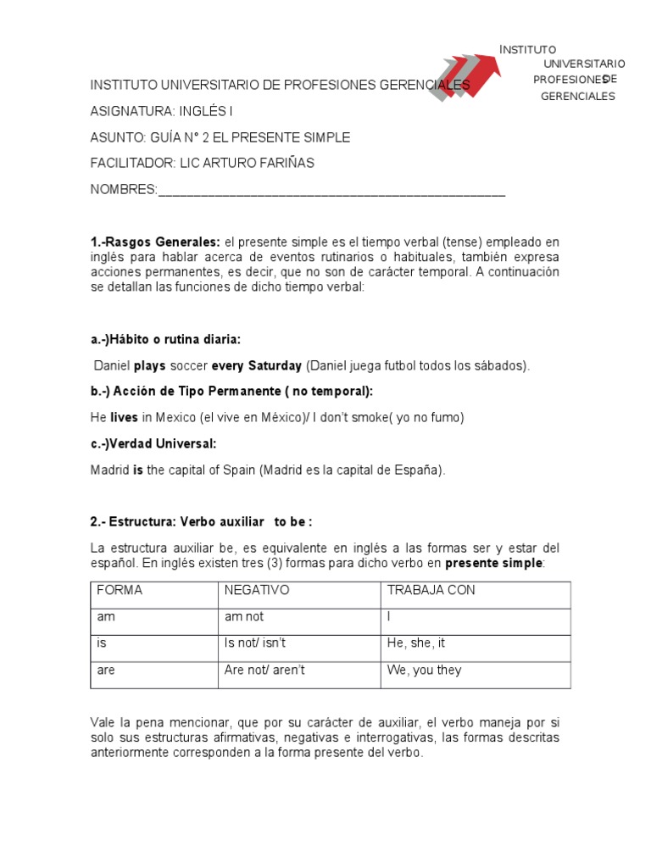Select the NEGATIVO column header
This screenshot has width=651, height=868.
coord(257,590)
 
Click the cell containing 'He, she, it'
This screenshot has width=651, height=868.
coord(415,643)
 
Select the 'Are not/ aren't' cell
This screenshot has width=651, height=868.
coord(264,670)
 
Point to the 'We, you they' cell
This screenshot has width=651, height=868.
coord(424,670)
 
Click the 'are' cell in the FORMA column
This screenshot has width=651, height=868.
coord(106,670)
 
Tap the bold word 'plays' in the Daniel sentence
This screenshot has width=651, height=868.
coord(150,366)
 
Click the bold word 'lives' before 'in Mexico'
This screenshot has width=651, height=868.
coord(124,418)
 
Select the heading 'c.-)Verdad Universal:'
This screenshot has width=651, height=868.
coord(153,443)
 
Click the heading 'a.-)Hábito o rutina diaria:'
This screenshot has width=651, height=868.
coord(165,340)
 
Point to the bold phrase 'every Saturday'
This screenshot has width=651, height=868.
coord(256,366)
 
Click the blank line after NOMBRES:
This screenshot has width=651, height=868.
coord(331,190)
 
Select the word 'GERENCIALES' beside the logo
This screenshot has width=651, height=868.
coord(577,97)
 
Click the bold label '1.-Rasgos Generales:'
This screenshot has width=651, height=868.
coord(155,243)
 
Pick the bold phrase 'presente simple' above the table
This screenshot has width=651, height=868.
coord(495,563)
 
